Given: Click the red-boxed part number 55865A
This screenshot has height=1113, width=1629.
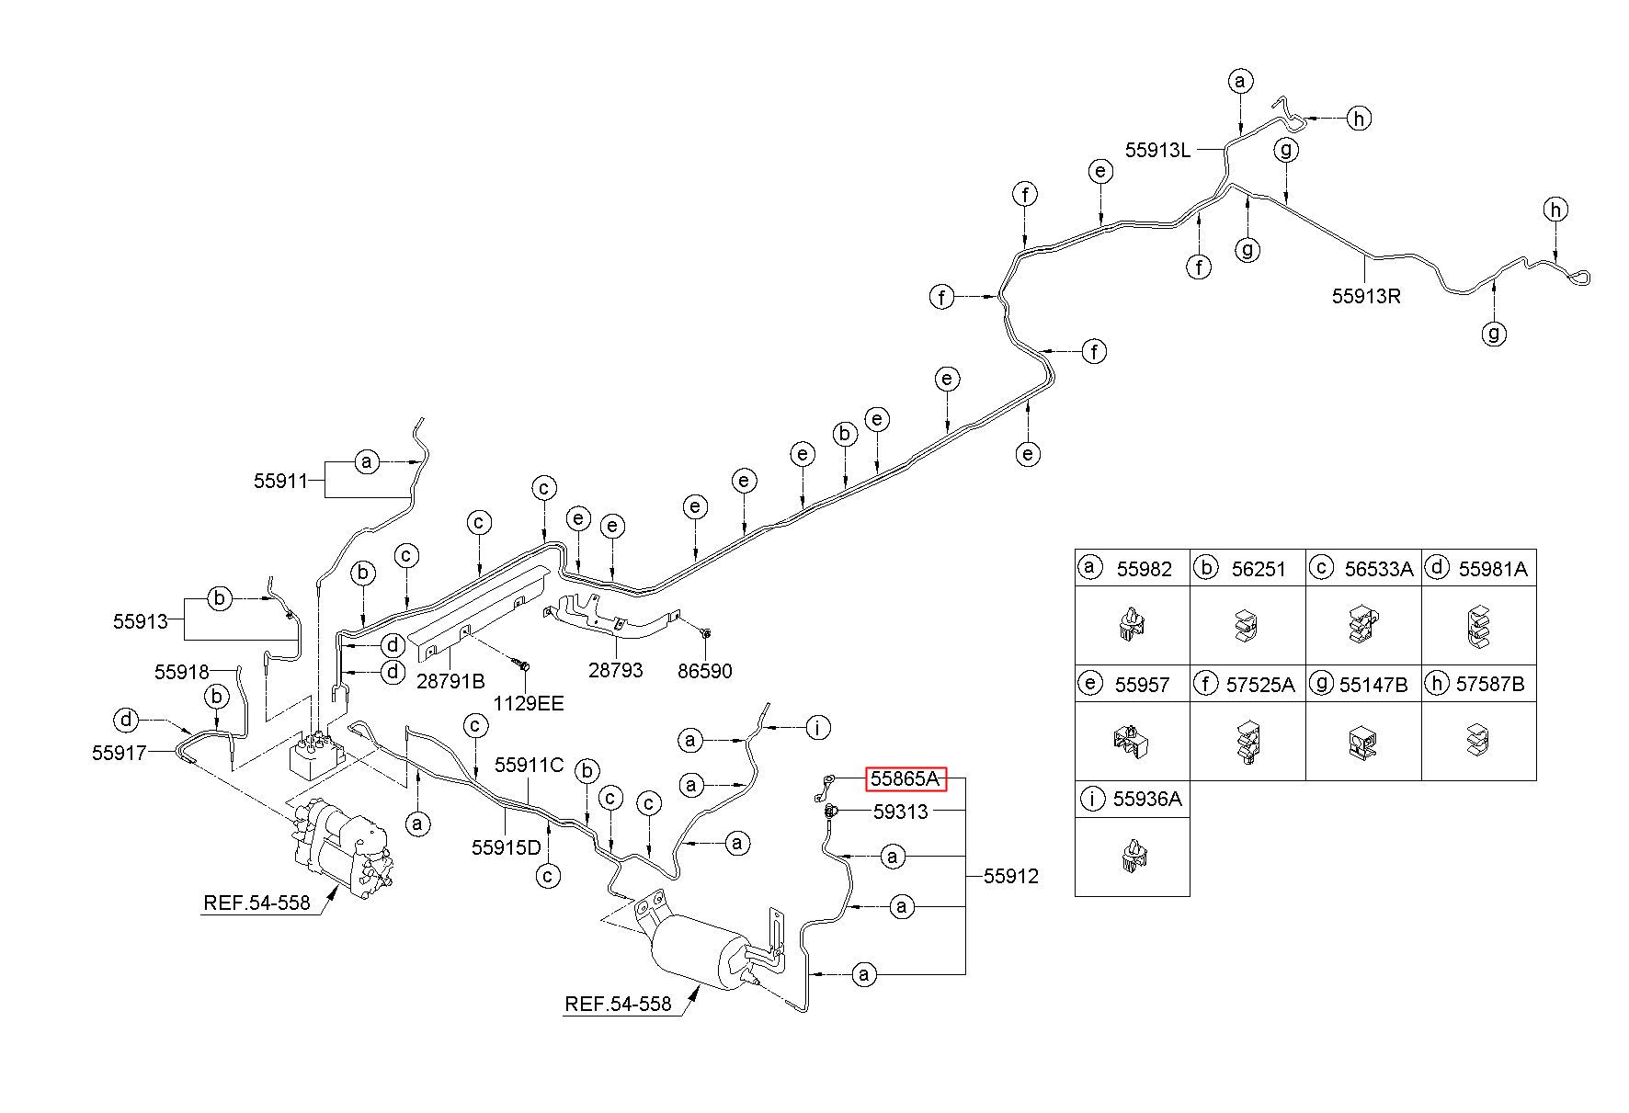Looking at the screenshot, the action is [x=905, y=779].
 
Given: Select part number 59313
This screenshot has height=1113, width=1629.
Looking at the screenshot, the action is [x=900, y=812].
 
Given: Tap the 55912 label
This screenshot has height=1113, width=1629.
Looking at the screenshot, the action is [x=1011, y=876].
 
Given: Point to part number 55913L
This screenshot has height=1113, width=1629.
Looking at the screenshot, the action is [x=1157, y=150].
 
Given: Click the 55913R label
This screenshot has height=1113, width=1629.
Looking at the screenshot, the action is [x=1366, y=296].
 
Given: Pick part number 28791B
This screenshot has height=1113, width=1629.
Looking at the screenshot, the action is [x=450, y=681].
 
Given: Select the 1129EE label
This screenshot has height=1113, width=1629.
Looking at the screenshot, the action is [x=527, y=704].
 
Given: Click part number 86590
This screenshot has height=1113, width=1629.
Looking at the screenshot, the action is [x=705, y=672].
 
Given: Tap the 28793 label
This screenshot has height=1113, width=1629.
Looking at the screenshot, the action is [x=615, y=670].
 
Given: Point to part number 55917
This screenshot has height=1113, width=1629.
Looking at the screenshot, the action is [x=120, y=753].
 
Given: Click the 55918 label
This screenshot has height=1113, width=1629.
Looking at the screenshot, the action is [x=182, y=672].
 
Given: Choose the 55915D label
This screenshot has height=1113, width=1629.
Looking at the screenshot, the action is [x=507, y=847].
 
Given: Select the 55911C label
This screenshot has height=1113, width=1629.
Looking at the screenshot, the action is [x=530, y=765].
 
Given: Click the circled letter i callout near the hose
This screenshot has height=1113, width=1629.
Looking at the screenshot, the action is [x=817, y=728].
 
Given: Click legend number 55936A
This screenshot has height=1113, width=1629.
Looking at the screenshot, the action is [x=1147, y=799].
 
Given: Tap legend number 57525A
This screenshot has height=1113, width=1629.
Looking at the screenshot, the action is [x=1260, y=684].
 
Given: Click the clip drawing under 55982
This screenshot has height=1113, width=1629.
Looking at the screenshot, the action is [x=1133, y=625].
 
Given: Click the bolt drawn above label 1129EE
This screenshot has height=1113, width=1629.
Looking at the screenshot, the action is [x=523, y=663].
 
